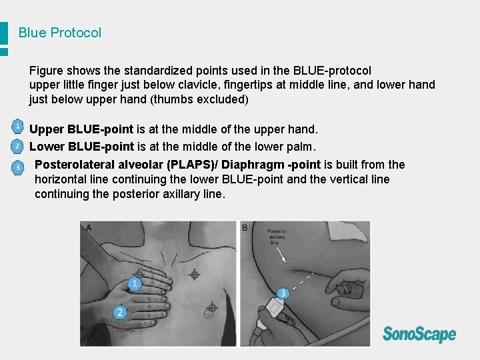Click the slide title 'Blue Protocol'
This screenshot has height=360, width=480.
click(60, 33)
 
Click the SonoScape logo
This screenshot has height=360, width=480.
click(419, 334)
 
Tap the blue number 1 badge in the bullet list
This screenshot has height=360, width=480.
click(18, 126)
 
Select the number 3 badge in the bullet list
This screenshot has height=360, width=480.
click(19, 167)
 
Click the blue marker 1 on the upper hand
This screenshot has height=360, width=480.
click(135, 284)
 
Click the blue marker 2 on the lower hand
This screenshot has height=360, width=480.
click(120, 311)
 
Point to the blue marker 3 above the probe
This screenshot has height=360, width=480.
click(283, 293)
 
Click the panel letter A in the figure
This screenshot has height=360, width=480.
click(88, 228)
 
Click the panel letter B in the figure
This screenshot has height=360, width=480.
click(245, 228)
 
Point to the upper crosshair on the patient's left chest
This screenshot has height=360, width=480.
click(194, 273)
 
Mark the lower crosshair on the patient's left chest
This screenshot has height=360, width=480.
click(211, 308)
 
